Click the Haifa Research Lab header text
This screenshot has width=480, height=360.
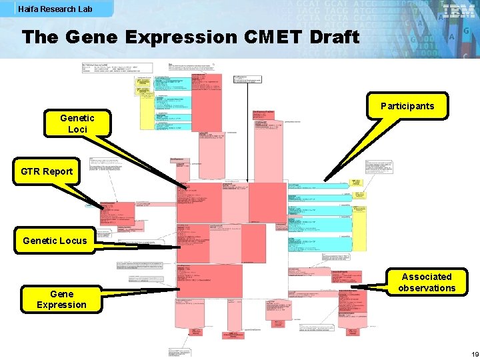(x=55, y=9)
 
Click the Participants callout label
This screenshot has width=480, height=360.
(x=407, y=106)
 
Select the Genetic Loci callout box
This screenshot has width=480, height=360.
(x=77, y=123)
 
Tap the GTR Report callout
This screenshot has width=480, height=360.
(x=47, y=171)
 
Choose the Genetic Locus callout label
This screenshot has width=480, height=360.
(x=55, y=241)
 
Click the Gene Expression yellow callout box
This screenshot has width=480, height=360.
(x=61, y=299)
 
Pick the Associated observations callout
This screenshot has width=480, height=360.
(x=427, y=282)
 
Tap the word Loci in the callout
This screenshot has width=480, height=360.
(x=77, y=129)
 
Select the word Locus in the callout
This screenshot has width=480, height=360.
(x=72, y=241)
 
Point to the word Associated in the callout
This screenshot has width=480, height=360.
(x=427, y=277)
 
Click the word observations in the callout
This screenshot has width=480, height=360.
(x=427, y=288)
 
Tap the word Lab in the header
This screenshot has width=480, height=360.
(x=85, y=9)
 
